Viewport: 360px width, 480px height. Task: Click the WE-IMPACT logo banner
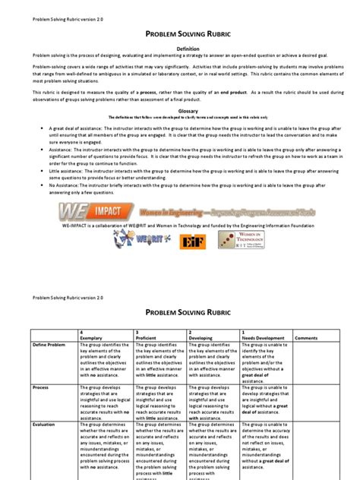pos(179,211)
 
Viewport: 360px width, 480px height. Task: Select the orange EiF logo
pos(190,241)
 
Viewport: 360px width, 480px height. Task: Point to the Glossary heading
pos(180,111)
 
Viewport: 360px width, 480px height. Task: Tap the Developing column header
pos(201,316)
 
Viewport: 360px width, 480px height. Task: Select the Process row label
pos(41,387)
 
